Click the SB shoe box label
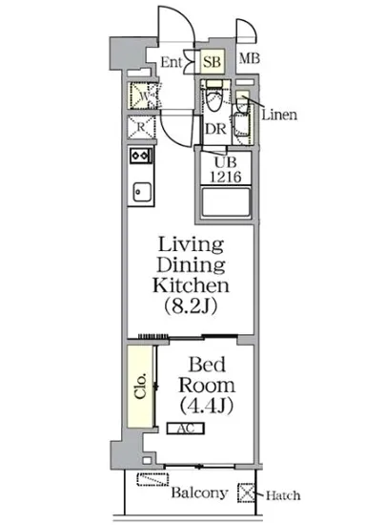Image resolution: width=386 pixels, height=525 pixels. (x=213, y=62)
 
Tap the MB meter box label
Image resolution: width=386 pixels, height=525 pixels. (x=250, y=59)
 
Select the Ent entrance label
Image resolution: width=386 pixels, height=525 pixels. (x=172, y=62)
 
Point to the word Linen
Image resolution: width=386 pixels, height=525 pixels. (x=279, y=115)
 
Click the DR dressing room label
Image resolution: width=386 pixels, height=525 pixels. (x=215, y=129)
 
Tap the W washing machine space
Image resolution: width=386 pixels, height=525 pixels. (x=141, y=95)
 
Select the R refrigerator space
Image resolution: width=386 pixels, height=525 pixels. (x=141, y=127)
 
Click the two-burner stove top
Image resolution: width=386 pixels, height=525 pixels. (x=141, y=156)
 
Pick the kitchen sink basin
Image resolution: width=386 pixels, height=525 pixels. (x=142, y=192)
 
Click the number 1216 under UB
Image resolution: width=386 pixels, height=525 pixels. (x=226, y=177)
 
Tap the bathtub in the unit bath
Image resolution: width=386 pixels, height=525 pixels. (x=226, y=202)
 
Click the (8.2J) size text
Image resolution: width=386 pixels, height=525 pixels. (x=191, y=305)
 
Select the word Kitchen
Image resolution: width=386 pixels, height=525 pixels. (x=192, y=285)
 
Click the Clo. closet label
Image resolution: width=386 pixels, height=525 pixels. (x=141, y=386)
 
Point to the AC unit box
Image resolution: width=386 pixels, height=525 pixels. (x=186, y=429)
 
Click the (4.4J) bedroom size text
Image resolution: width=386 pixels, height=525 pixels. (x=206, y=406)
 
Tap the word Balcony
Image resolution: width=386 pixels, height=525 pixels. (x=199, y=493)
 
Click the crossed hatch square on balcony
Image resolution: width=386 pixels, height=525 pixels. (x=246, y=493)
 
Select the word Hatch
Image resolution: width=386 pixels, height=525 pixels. (x=283, y=495)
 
